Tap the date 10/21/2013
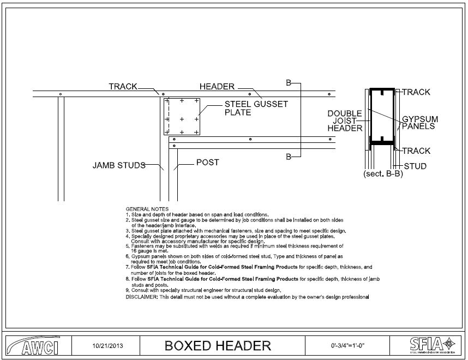tap(104, 345)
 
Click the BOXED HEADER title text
tap(218, 345)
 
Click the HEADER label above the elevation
tap(217, 86)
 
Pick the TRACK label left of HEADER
tap(123, 86)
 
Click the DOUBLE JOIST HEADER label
tap(345, 121)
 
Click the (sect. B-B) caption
tap(382, 175)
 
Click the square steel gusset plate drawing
tap(182, 116)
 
